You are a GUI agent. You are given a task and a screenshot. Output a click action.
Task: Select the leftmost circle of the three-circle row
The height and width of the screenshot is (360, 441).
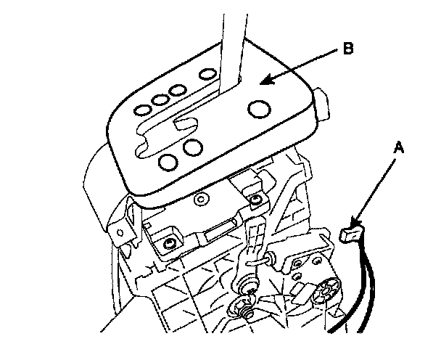[142, 109]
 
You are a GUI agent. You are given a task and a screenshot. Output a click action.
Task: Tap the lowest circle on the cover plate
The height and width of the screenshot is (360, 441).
[167, 161]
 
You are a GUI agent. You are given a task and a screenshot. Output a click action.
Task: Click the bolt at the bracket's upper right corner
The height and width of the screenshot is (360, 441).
[255, 198]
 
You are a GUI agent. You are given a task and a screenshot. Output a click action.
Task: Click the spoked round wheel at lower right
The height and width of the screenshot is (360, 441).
[324, 292]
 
